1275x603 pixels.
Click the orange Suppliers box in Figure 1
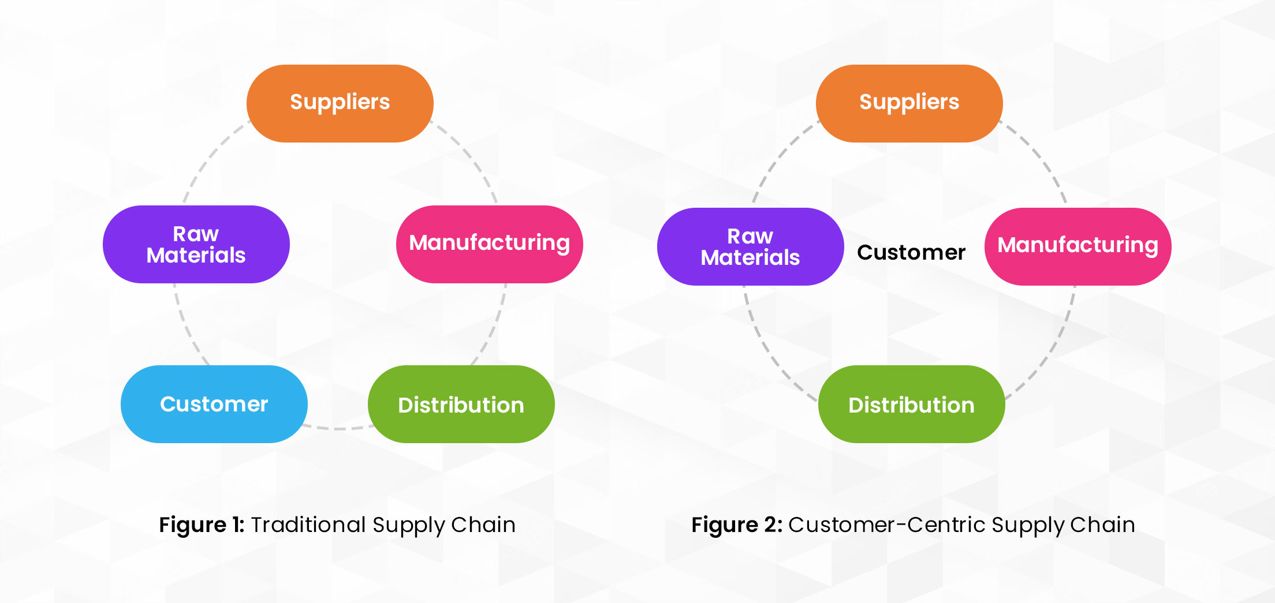point(340,103)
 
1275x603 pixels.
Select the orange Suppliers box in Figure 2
point(909,103)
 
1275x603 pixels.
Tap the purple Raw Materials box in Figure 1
point(196,244)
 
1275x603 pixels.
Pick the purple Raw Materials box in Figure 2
point(750,246)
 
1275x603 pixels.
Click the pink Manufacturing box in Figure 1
point(489,244)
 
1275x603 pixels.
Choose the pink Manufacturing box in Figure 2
point(1078,246)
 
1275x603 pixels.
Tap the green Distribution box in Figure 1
point(461,405)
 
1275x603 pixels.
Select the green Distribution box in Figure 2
point(911,405)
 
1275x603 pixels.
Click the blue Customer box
point(214,404)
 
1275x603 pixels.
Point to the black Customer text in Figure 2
point(911,252)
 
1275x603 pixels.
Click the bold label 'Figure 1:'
point(202,525)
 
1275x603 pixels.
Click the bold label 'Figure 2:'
point(737,525)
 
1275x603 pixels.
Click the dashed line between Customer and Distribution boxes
point(338,429)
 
